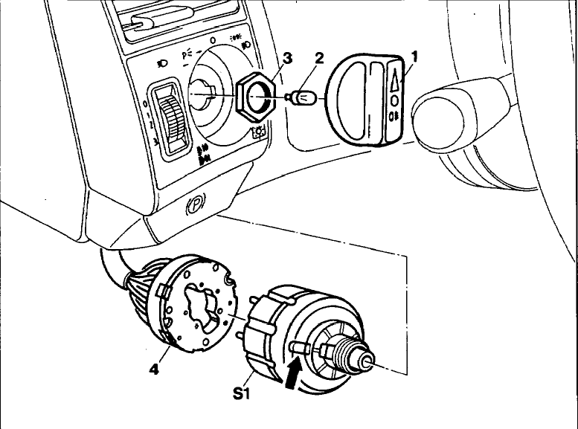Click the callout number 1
(x=415, y=57)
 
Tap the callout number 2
(x=319, y=58)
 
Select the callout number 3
(x=287, y=59)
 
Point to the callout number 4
(x=154, y=369)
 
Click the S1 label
(x=242, y=393)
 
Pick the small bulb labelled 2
(x=301, y=97)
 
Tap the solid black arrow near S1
(x=293, y=374)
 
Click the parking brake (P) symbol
(x=196, y=203)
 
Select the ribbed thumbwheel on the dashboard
(x=173, y=120)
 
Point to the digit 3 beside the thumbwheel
(x=155, y=142)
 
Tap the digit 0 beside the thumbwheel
(x=145, y=104)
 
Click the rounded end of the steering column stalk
(x=438, y=122)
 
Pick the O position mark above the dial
(x=212, y=41)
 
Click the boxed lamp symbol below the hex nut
(x=259, y=132)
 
